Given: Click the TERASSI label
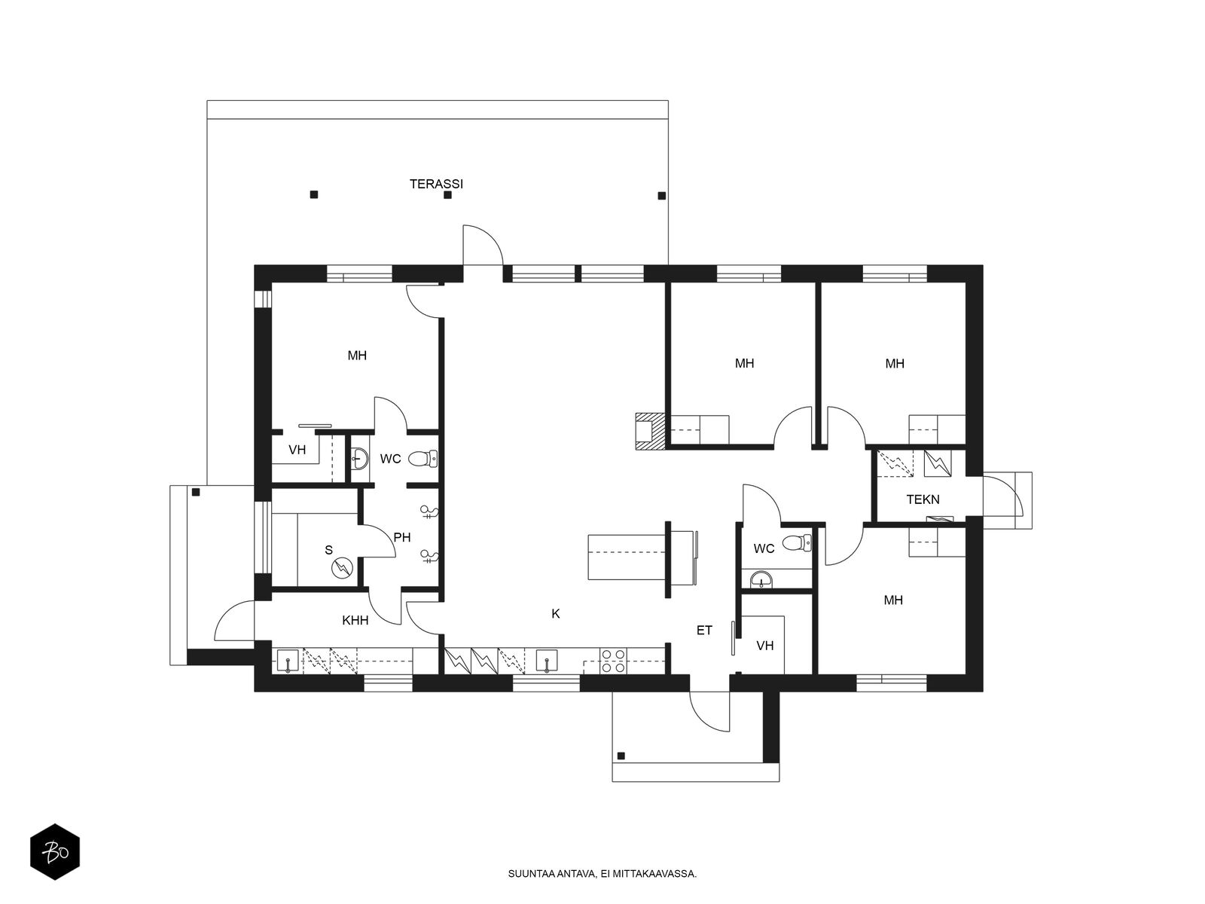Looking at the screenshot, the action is click(436, 184).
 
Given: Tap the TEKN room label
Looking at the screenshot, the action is click(923, 499).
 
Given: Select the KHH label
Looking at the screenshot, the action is click(355, 620).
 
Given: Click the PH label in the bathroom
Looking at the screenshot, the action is click(402, 537).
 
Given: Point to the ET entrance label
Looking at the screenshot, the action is click(704, 631).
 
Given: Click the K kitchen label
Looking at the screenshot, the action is click(556, 614).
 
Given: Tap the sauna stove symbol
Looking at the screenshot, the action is click(341, 567).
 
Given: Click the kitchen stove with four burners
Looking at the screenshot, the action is click(613, 661).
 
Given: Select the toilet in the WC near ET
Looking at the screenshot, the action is click(797, 543).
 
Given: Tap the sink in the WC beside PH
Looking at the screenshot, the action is click(359, 458).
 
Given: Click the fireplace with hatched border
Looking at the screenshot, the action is click(651, 432).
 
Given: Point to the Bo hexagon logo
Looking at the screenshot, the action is click(55, 852).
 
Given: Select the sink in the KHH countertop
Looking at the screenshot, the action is click(288, 661).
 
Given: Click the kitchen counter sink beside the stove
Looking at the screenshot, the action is click(547, 661).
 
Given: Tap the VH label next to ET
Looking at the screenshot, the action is click(764, 646).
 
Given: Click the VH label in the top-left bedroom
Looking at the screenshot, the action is click(297, 450).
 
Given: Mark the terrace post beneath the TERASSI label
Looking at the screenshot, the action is click(447, 195).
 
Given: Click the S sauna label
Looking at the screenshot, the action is click(329, 550).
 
